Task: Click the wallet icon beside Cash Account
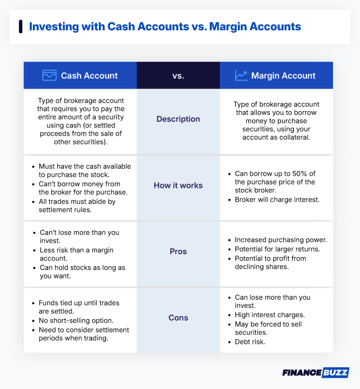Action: (49, 76)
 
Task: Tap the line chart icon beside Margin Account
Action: (241, 76)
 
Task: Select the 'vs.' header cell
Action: (178, 76)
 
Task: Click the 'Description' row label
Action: (178, 119)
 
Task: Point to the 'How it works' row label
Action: (178, 186)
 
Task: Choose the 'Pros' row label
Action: (178, 251)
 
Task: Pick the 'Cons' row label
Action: (178, 318)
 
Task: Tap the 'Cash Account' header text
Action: (89, 76)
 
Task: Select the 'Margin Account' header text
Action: (283, 76)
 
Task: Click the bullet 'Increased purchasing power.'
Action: (281, 239)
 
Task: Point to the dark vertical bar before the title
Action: (20, 26)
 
